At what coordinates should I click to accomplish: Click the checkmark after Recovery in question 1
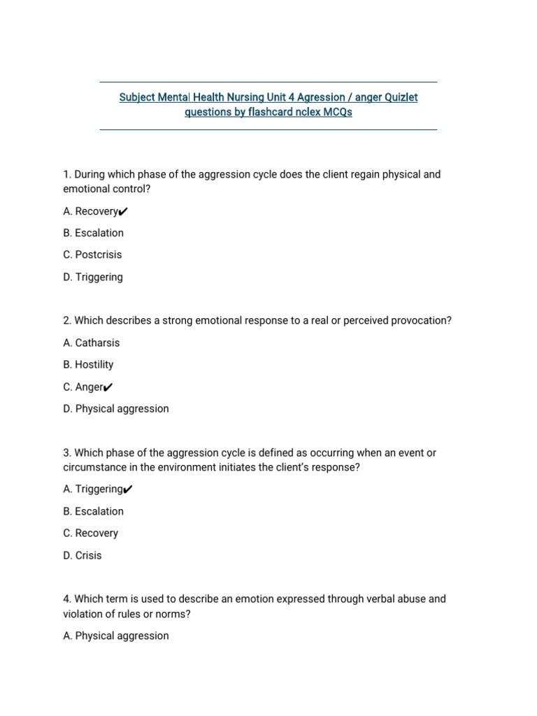click(x=124, y=211)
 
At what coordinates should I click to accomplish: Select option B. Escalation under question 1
click(x=93, y=233)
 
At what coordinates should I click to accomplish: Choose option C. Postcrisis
click(x=92, y=255)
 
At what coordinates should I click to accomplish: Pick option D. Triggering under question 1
click(x=92, y=277)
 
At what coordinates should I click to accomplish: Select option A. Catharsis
click(x=91, y=343)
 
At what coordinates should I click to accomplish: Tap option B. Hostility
click(x=88, y=364)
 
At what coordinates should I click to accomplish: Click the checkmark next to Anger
click(x=108, y=387)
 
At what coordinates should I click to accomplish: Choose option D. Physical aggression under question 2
click(x=115, y=408)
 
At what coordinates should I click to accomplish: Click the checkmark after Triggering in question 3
click(x=128, y=489)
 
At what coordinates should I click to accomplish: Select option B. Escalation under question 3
click(x=93, y=511)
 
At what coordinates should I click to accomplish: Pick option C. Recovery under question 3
click(x=90, y=533)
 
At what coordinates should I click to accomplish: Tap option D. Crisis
click(x=82, y=555)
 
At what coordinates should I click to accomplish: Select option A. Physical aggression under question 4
click(x=115, y=636)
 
